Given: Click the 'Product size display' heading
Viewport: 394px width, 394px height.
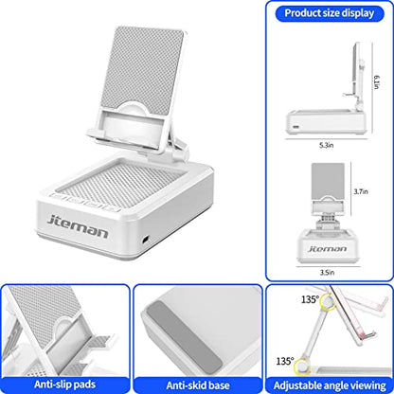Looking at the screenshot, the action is coord(330,13).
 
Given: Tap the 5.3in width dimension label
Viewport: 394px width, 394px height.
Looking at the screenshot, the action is coord(326,145).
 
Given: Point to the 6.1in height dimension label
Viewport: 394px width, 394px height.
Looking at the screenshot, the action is coord(377,82).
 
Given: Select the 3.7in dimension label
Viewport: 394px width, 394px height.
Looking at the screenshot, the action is coord(361,191).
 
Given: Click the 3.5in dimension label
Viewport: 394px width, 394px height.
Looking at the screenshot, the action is coord(327,272).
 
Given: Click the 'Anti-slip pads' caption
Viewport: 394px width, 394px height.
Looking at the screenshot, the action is coord(64,385).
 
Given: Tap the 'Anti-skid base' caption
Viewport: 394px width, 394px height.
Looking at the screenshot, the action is coord(198,385).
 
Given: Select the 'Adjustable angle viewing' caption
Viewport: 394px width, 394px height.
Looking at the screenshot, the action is coord(330,385).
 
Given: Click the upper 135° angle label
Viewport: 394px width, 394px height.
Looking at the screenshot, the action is coord(310,299).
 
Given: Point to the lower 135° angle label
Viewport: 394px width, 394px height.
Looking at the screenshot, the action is coord(285,361).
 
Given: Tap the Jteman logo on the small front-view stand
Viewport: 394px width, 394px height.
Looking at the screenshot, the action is coord(327,249).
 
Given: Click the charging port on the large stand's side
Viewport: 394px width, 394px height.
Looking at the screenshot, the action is coord(146,240).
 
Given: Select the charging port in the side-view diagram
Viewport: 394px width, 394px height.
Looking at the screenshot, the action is coord(295,127).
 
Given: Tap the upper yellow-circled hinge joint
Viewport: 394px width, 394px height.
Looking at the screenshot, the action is coord(328,303).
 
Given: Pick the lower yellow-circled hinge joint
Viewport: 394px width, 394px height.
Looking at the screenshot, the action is coord(302,367).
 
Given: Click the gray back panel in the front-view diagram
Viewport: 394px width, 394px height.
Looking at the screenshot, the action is coord(328,181).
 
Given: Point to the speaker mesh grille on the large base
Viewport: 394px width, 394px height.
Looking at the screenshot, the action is coord(119,185).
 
